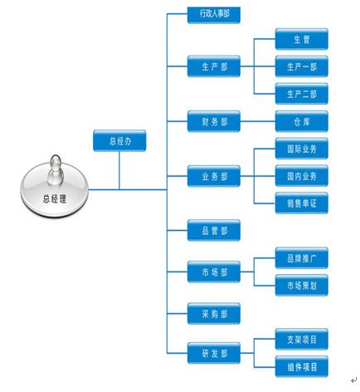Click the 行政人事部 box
point(214,14)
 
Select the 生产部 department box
point(214,66)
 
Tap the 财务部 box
point(214,121)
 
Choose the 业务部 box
point(214,176)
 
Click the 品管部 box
point(214,230)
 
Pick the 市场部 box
point(214,272)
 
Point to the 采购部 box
point(214,314)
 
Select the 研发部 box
point(214,353)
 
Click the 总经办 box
point(119,141)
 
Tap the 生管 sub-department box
point(302,39)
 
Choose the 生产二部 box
point(302,94)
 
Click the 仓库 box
point(302,121)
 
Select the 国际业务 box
point(302,149)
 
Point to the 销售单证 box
point(302,203)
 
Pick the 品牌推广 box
point(302,258)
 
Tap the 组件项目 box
point(302,367)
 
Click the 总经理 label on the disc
point(55,198)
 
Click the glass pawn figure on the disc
point(56,170)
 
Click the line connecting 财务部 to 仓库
point(258,121)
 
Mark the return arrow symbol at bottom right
point(353,380)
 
